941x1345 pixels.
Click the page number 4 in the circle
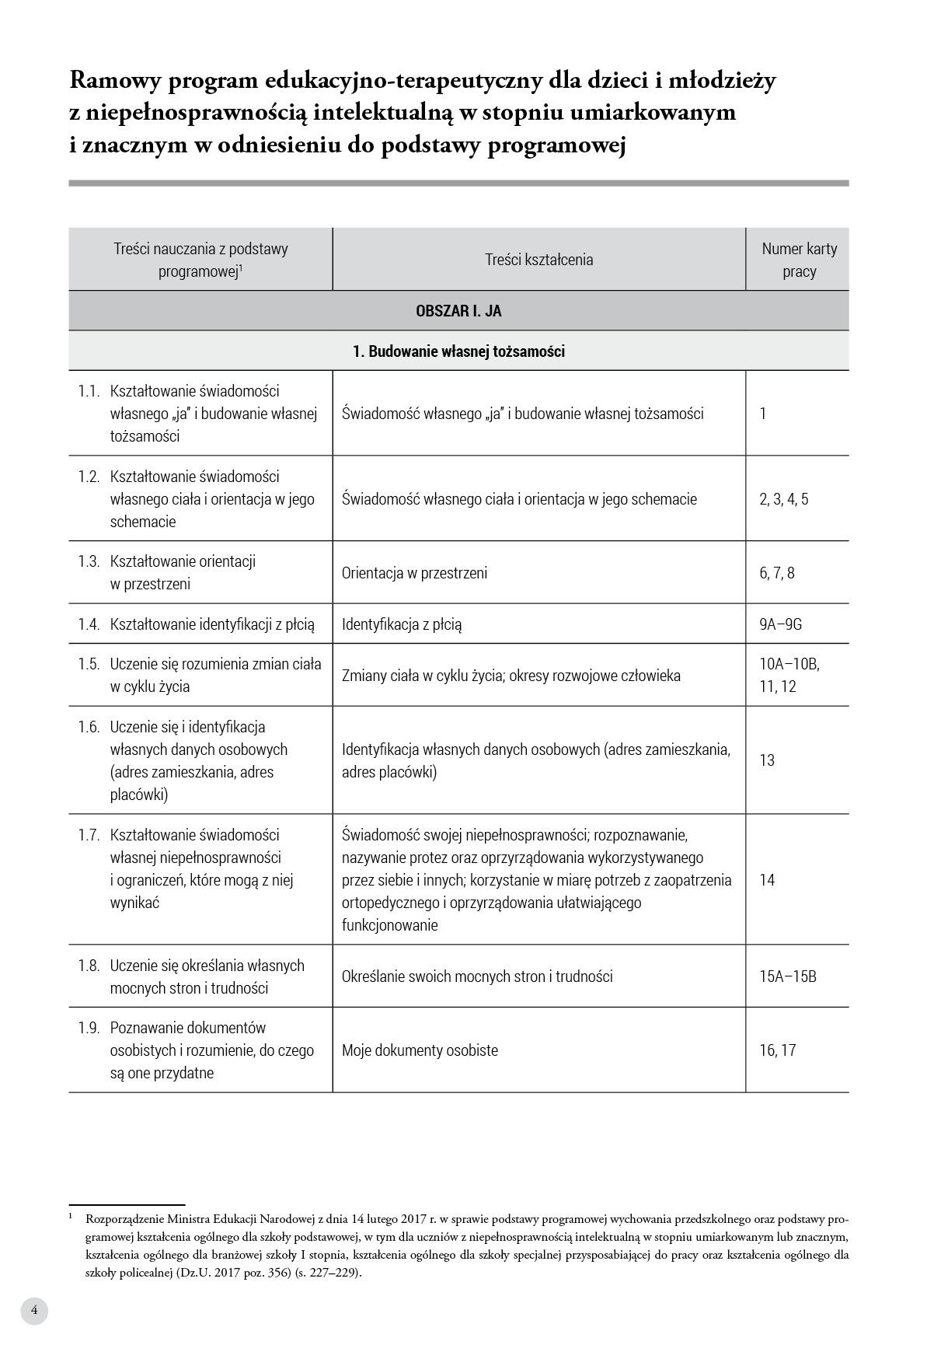[34, 1310]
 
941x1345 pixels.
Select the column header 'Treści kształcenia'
[538, 260]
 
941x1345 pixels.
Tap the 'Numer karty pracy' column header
[799, 260]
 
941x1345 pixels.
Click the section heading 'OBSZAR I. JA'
[458, 311]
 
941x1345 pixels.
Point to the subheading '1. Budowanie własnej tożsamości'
[458, 351]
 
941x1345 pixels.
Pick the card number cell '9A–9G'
[780, 624]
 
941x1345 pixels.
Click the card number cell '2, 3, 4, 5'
[783, 499]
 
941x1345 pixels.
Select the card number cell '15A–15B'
[787, 976]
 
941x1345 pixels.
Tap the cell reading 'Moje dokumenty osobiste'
[420, 1050]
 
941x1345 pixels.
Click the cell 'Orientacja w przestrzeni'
[414, 573]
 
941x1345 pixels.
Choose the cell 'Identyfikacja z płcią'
[402, 624]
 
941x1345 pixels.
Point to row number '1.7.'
[89, 835]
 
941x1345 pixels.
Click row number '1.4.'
[89, 624]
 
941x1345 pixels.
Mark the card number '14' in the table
[767, 880]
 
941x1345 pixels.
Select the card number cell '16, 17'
[777, 1050]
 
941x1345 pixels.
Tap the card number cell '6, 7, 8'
[776, 573]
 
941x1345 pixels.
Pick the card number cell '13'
[767, 760]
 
